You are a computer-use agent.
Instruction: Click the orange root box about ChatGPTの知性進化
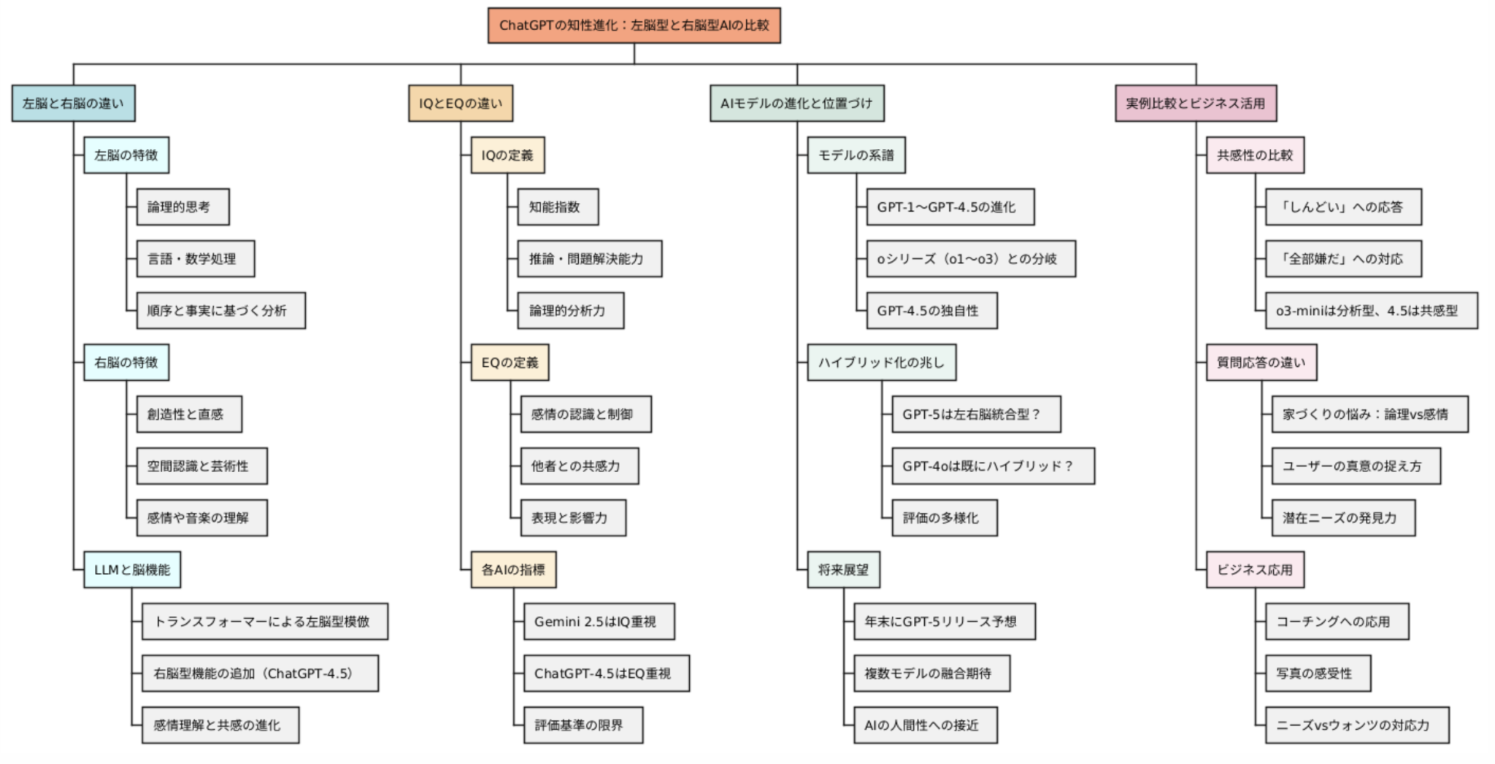[x=634, y=26]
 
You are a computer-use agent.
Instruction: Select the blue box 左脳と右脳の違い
[x=73, y=103]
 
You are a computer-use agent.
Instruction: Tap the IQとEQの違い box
[x=460, y=103]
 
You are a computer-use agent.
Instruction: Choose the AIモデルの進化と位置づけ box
[x=796, y=103]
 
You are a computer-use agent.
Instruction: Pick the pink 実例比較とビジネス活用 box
[x=1196, y=103]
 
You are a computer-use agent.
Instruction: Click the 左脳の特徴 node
[x=126, y=155]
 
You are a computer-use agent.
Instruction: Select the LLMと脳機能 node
[x=132, y=569]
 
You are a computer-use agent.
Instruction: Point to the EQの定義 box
[x=510, y=362]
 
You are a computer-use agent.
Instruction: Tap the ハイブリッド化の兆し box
[x=881, y=362]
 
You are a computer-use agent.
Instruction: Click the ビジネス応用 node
[x=1255, y=569]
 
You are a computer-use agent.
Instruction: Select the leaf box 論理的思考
[x=182, y=207]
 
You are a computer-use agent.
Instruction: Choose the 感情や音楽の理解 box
[x=201, y=517]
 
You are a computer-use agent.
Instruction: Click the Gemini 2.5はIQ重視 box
[x=599, y=621]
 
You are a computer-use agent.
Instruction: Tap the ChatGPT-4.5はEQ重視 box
[x=606, y=673]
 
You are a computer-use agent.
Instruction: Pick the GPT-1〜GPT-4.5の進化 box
[x=950, y=207]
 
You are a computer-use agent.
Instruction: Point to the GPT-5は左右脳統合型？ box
[x=976, y=414]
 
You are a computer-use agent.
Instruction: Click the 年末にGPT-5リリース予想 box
[x=945, y=621]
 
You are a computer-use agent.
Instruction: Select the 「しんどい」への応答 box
[x=1343, y=207]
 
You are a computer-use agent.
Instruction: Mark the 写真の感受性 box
[x=1318, y=673]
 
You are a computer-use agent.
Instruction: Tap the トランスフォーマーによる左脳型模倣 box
[x=264, y=621]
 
